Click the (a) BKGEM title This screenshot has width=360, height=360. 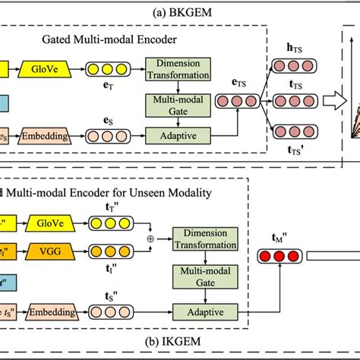(181, 11)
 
